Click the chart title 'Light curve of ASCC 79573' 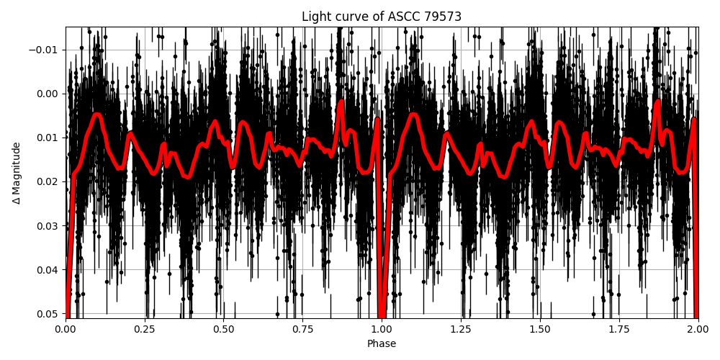pos(382,17)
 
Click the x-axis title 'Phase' pos(382,344)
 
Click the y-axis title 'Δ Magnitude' pos(17,173)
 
